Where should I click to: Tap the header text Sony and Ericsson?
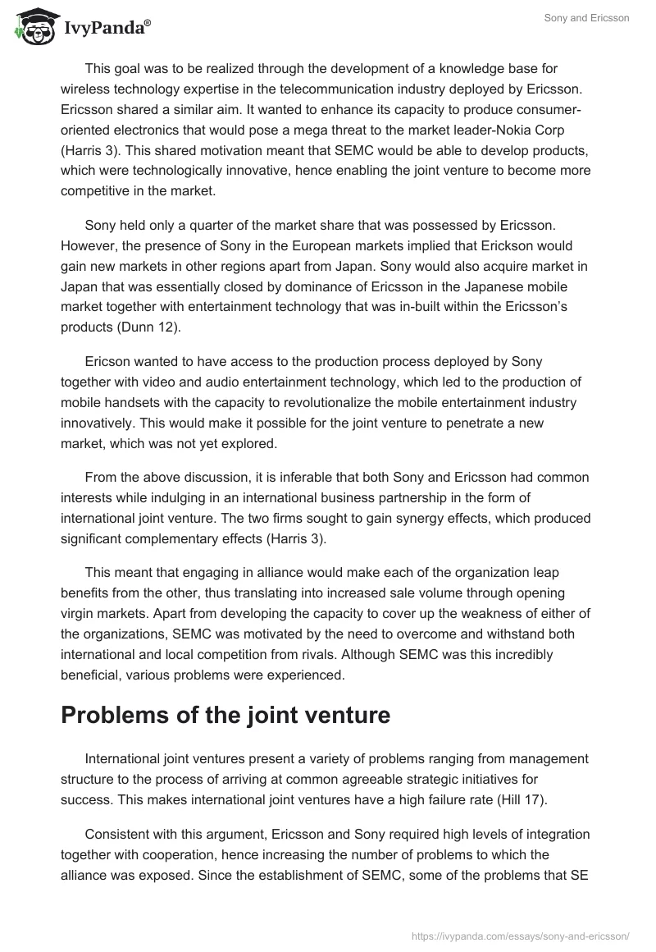[587, 18]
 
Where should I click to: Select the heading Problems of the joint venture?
[225, 715]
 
